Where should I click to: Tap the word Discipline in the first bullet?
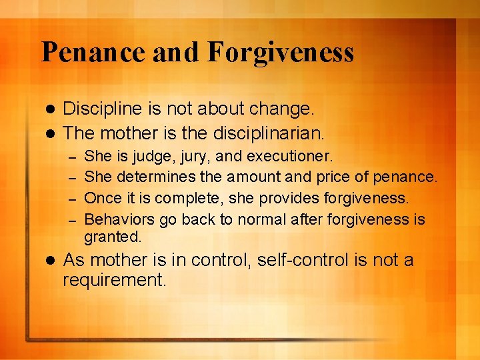pyautogui.click(x=103, y=109)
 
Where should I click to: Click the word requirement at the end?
pyautogui.click(x=114, y=281)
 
